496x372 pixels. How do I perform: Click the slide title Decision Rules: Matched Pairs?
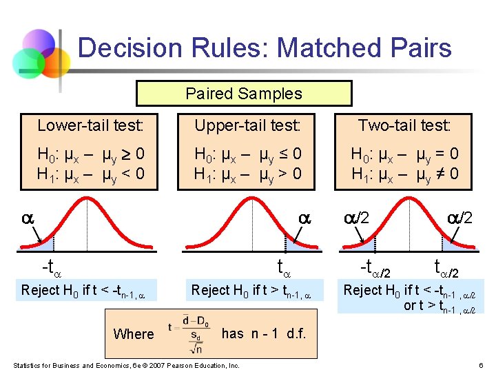pos(265,48)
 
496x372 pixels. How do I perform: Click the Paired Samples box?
pos(244,94)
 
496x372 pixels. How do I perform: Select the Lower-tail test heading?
pos(90,125)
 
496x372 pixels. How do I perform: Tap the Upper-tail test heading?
pos(247,125)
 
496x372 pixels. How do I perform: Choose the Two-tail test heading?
pos(404,125)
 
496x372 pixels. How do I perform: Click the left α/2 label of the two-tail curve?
pos(358,217)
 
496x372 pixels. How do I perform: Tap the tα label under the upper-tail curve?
pos(285,267)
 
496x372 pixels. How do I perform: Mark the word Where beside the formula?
pos(134,334)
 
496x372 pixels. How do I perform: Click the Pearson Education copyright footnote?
pos(127,365)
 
